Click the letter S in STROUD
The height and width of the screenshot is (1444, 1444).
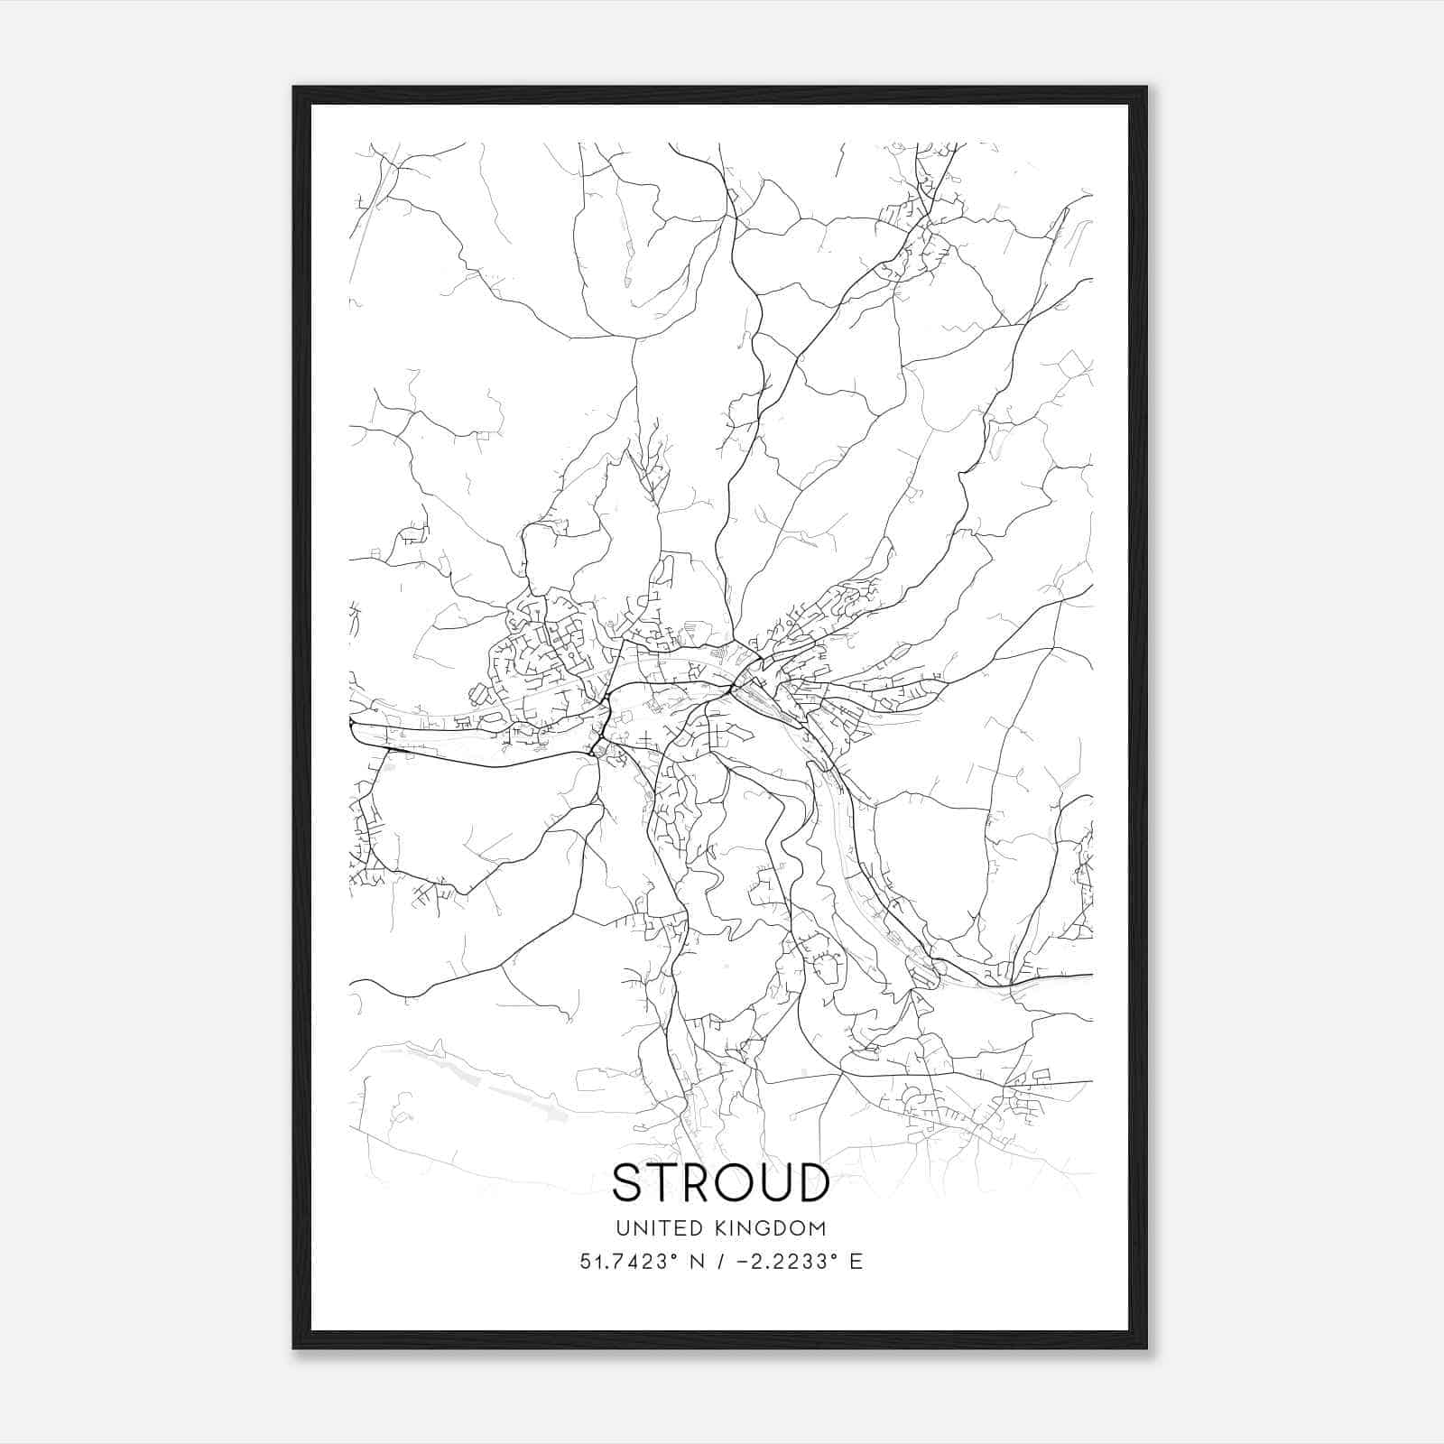pos(630,1182)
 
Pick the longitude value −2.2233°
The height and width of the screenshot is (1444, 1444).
pos(785,1262)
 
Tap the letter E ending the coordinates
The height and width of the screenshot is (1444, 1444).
pos(856,1262)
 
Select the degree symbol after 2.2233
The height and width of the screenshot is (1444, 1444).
pos(835,1255)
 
